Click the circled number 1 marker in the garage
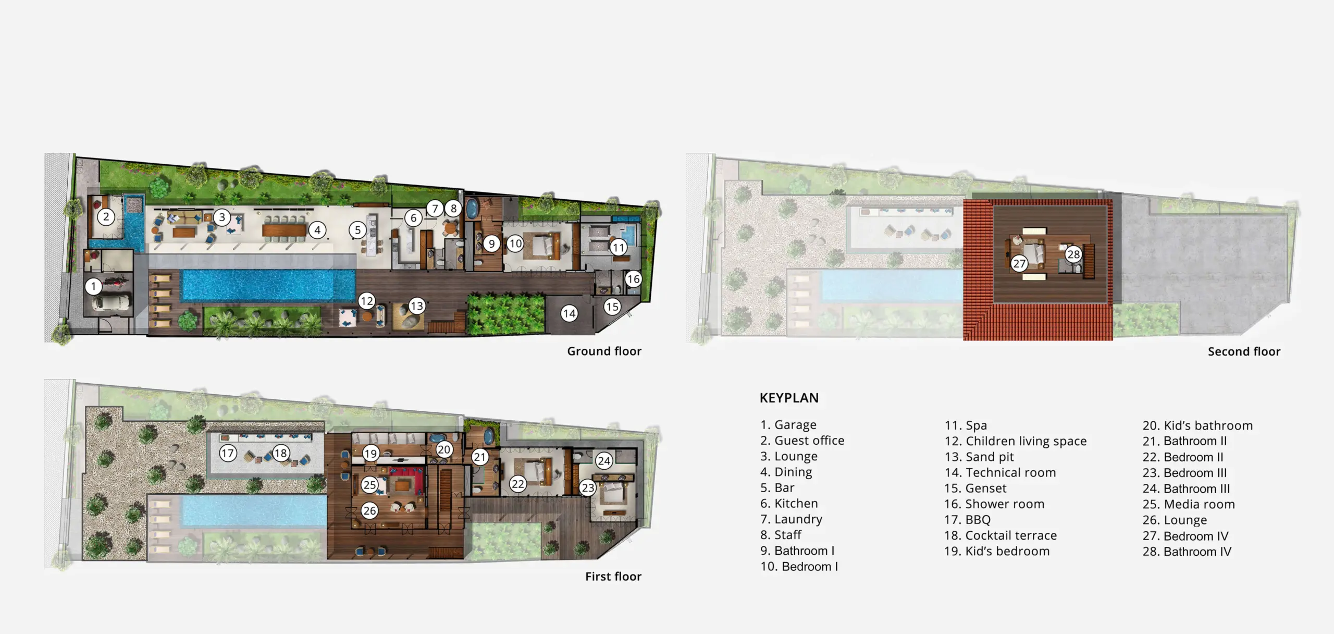tap(94, 286)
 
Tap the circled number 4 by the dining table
tap(317, 230)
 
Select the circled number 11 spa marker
tap(619, 248)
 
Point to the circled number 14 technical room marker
tap(569, 313)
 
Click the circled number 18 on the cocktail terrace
tap(281, 453)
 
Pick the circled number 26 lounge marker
tap(370, 510)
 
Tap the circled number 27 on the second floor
tap(1019, 263)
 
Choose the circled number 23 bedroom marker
tap(588, 487)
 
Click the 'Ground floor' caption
tap(604, 351)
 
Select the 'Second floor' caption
tap(1244, 351)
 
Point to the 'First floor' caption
tap(613, 577)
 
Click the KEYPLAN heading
tap(789, 398)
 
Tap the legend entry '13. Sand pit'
tap(979, 457)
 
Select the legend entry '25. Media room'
tap(1189, 504)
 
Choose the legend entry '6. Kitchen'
tap(789, 504)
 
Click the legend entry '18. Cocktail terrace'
tap(1000, 535)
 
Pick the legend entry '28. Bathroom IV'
tap(1187, 552)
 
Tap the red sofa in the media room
tap(407, 480)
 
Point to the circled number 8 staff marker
tap(453, 209)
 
